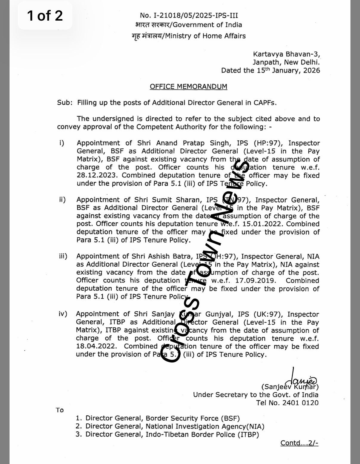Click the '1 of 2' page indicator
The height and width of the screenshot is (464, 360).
(x=45, y=16)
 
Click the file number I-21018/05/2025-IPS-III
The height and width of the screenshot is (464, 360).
(x=189, y=16)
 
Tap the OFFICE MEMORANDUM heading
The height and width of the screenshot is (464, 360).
(x=188, y=87)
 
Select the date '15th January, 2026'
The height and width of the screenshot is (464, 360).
(x=288, y=70)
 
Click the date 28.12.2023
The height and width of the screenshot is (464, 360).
(x=98, y=176)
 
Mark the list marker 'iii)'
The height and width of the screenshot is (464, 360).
(x=63, y=256)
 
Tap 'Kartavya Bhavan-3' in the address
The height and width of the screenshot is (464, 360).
(x=286, y=54)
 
